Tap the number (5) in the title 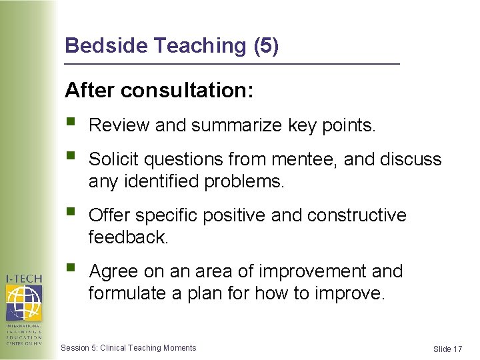(266, 46)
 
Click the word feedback (129, 237)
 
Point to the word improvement (312, 271)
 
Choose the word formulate (127, 293)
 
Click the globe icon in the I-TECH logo (23, 302)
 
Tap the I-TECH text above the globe (23, 278)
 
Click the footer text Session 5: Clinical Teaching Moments (128, 348)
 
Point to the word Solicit (112, 159)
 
